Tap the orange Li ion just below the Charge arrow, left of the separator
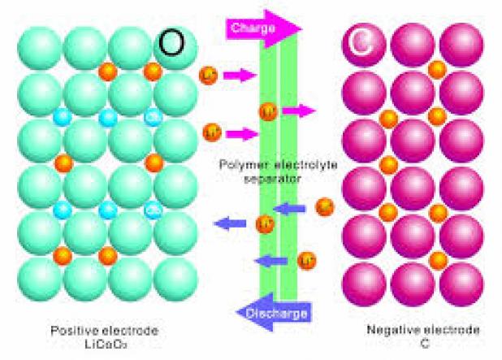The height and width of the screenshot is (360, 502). pos(208,76)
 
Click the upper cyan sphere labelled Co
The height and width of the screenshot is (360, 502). pos(152,117)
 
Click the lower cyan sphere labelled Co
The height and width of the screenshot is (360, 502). pos(152,210)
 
